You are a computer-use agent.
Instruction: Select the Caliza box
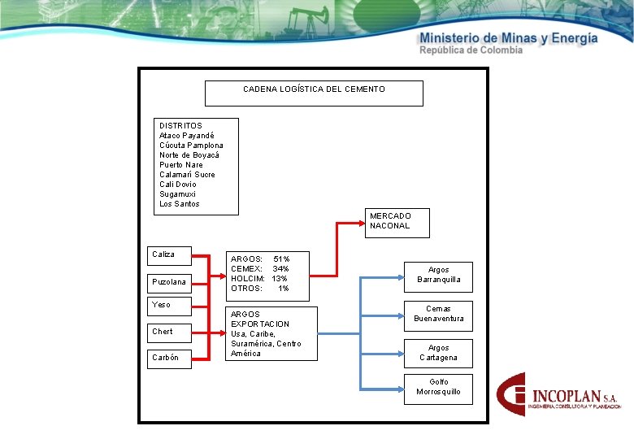[x=169, y=255]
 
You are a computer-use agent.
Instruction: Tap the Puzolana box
[x=169, y=283]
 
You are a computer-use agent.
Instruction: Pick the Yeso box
[x=169, y=306]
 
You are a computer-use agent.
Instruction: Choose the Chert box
[x=169, y=333]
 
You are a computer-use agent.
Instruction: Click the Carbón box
[x=169, y=359]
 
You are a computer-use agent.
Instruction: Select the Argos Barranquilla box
[x=438, y=276]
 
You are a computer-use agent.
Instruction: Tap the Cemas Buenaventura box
[x=438, y=314]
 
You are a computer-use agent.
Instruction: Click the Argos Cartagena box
[x=438, y=353]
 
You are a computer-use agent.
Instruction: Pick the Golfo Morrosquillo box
[x=438, y=388]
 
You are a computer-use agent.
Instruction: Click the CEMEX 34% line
[x=260, y=269]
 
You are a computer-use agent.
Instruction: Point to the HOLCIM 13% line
[x=259, y=279]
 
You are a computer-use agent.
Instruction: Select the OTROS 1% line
[x=260, y=289]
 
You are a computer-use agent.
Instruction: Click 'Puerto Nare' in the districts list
[x=181, y=165]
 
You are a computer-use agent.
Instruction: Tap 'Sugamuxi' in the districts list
[x=178, y=194]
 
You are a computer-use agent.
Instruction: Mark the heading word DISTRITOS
[x=180, y=126]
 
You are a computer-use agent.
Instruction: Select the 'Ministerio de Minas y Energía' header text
[x=509, y=38]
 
